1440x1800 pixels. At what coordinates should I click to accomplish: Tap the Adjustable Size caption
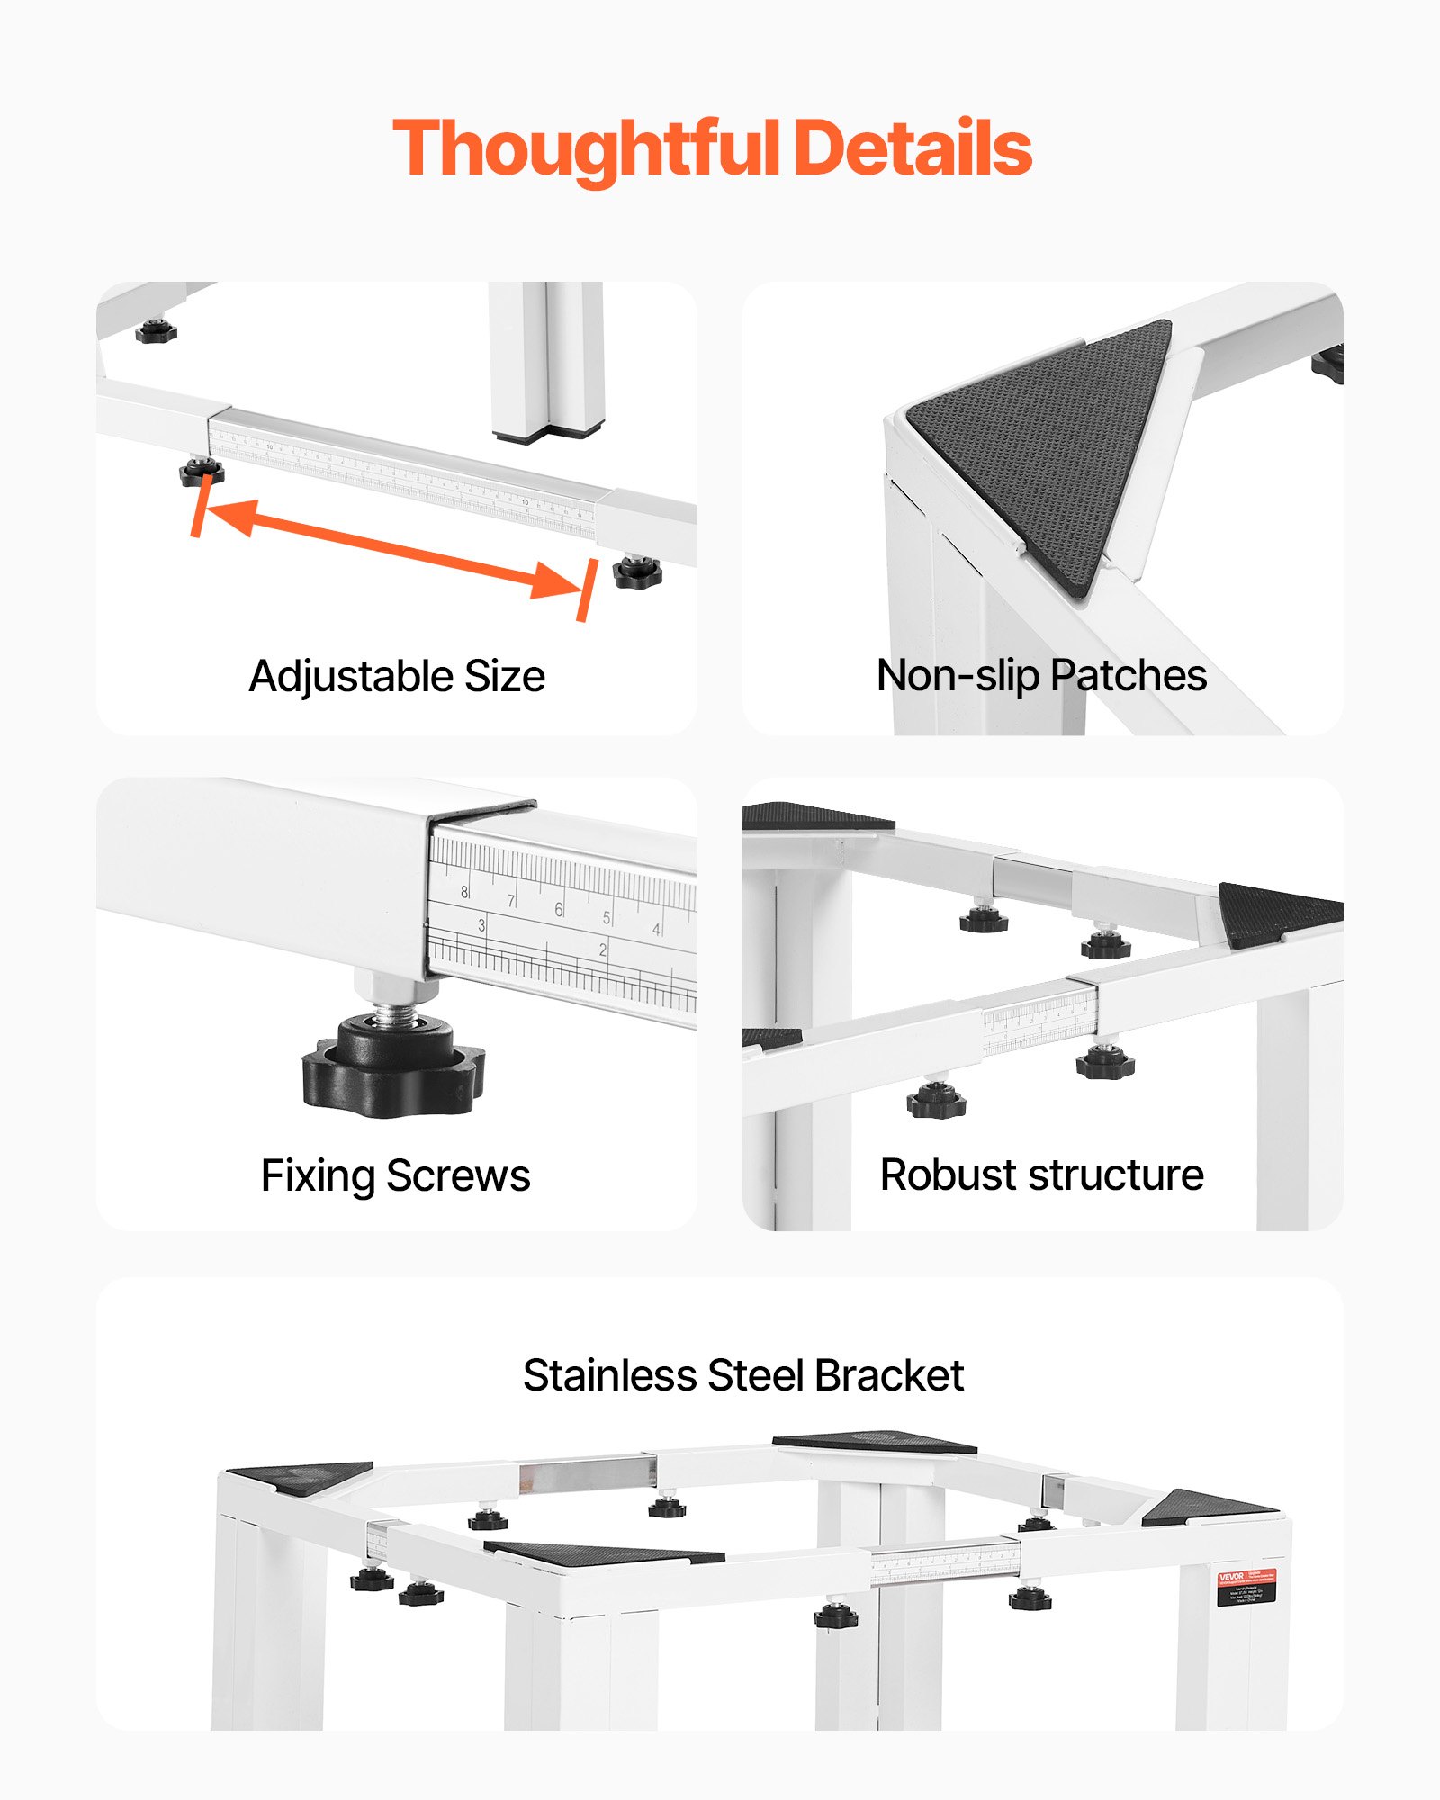point(397,676)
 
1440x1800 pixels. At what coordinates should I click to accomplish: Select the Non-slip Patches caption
point(1041,675)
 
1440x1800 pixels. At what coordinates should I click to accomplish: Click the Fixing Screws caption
point(395,1175)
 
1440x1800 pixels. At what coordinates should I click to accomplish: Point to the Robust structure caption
point(1041,1174)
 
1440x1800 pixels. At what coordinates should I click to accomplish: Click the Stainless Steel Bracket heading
point(743,1375)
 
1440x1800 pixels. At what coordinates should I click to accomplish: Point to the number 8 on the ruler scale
point(464,892)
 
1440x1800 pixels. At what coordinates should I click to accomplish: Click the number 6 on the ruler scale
point(558,909)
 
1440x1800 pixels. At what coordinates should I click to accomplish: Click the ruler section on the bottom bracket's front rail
point(945,1564)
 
